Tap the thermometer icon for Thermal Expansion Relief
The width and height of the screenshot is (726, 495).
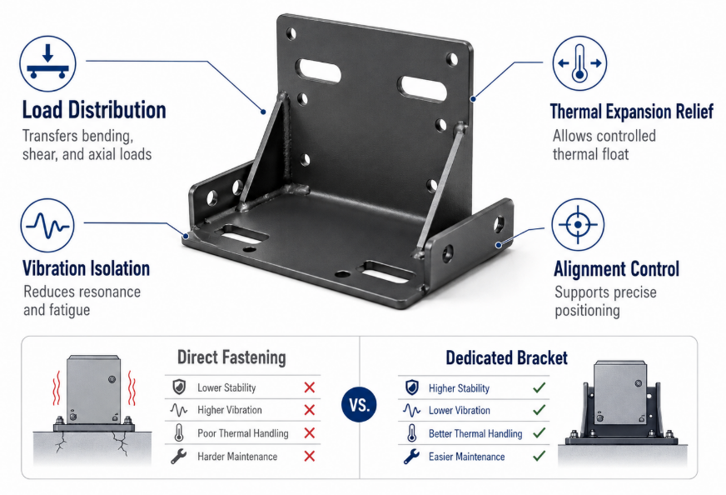(x=579, y=63)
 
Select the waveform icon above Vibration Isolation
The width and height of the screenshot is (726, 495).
(x=47, y=225)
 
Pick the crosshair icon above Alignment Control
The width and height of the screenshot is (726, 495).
(x=578, y=225)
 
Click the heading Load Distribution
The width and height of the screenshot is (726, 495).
(x=94, y=110)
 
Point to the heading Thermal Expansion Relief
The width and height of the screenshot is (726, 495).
(x=632, y=111)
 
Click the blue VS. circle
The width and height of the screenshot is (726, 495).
(x=359, y=405)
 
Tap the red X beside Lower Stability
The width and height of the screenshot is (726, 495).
(x=309, y=387)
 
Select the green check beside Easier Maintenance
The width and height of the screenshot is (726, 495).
(x=539, y=456)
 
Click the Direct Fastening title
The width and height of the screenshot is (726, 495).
(x=231, y=357)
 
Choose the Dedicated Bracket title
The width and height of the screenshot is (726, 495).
(x=506, y=357)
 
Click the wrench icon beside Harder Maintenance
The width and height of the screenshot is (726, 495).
(x=179, y=456)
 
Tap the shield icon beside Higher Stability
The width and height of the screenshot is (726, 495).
(x=411, y=387)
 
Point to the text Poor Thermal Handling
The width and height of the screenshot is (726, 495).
(x=242, y=433)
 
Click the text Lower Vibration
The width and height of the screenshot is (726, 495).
(x=460, y=411)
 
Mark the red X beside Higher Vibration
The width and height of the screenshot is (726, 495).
(x=309, y=410)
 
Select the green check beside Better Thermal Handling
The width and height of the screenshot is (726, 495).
(x=539, y=432)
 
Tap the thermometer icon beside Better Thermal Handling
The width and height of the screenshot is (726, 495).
(x=411, y=433)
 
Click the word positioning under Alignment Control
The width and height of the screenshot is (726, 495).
(x=587, y=311)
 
